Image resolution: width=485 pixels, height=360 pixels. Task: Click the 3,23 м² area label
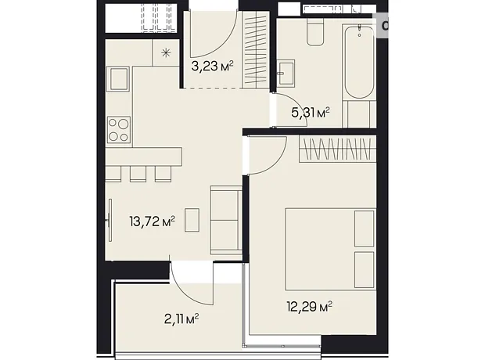tap(212, 66)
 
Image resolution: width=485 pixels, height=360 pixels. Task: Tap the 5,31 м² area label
tap(311, 113)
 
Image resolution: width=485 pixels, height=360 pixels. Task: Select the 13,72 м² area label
tap(153, 221)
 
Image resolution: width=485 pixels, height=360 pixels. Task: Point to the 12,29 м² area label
tap(310, 307)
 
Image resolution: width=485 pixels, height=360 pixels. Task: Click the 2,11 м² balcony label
tap(181, 319)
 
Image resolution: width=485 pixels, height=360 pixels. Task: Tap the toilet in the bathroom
tap(315, 31)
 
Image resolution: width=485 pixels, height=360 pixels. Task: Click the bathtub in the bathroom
tap(359, 63)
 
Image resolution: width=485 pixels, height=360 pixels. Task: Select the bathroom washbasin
tap(286, 74)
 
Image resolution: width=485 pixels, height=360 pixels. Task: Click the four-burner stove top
tap(119, 130)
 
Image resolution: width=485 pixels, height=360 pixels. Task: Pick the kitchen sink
tap(118, 78)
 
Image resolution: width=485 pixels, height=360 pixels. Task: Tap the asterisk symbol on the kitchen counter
tap(166, 53)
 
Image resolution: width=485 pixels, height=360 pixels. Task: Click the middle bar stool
tap(138, 174)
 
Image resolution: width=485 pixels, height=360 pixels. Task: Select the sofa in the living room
tap(226, 220)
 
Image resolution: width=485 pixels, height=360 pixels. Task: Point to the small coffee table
tap(192, 220)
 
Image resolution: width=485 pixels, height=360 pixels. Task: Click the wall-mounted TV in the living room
tap(110, 220)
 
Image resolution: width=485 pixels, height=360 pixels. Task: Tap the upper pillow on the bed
tap(364, 229)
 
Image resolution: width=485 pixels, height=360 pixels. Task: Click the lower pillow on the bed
tap(364, 270)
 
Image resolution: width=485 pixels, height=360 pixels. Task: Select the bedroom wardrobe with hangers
tap(337, 149)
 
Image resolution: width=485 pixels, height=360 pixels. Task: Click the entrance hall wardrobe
tap(255, 50)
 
